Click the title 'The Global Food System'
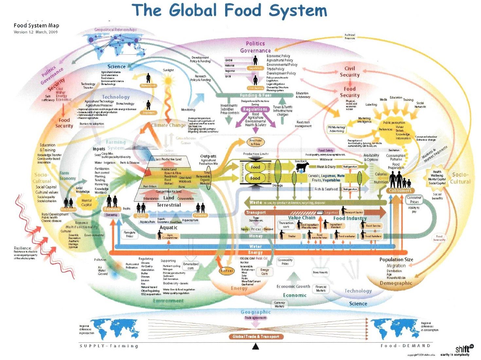229,10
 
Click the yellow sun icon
168,80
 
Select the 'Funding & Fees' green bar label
256,95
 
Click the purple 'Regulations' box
255,109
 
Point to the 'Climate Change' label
168,125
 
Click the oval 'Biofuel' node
226,271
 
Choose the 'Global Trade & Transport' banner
256,336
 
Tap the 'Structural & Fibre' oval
255,142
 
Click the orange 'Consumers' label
400,190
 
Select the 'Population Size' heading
396,260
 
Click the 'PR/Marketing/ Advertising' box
336,129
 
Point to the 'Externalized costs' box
190,266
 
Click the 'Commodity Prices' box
285,262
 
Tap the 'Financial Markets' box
321,288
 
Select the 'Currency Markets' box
279,304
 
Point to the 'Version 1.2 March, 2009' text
36,32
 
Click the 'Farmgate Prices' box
130,234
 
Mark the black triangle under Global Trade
256,346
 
